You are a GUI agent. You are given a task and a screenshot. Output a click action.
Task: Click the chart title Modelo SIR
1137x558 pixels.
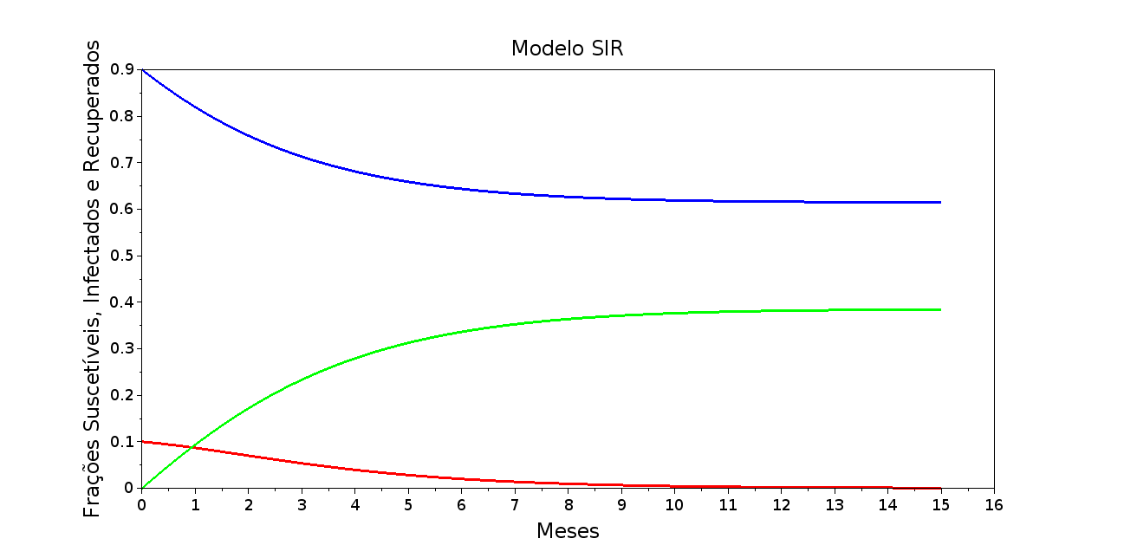pos(567,49)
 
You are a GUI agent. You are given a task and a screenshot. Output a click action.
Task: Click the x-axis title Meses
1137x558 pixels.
pos(568,531)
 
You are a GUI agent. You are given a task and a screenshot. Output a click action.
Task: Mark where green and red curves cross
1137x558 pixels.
pos(193,447)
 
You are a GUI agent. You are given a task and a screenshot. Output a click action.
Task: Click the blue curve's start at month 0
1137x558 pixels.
pos(142,70)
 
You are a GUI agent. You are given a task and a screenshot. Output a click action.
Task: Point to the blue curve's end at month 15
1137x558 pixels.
pos(940,202)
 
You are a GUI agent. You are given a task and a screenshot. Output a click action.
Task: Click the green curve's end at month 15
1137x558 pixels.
pos(940,309)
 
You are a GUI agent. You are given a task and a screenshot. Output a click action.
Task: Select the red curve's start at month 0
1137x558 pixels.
pos(142,442)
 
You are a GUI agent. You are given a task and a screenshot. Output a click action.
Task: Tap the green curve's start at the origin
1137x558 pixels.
pos(142,488)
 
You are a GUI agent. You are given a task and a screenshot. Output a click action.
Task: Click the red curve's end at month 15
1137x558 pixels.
pos(940,488)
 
